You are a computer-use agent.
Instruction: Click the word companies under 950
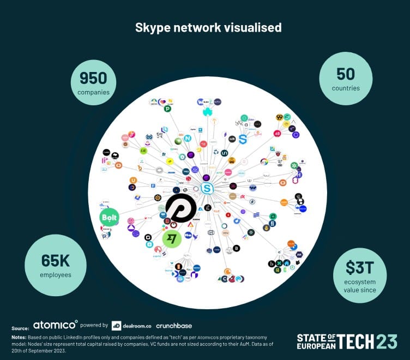(x=93, y=92)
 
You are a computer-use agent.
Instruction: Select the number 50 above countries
(x=345, y=74)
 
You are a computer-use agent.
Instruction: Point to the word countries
(x=345, y=88)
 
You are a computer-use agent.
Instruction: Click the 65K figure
(x=55, y=261)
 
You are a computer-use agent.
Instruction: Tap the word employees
(x=55, y=275)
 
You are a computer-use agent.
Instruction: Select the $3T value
(x=360, y=267)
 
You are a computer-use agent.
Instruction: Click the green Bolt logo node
(x=109, y=218)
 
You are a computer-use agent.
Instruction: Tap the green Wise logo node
(x=172, y=239)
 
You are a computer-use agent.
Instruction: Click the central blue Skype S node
(x=207, y=189)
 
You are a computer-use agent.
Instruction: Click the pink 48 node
(x=278, y=133)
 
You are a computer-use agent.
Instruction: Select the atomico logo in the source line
(x=55, y=325)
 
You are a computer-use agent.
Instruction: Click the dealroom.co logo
(x=131, y=326)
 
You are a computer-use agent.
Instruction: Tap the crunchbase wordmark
(x=174, y=326)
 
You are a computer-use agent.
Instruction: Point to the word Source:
(x=20, y=328)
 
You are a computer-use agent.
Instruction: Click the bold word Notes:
(x=19, y=338)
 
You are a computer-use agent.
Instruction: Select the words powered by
(x=94, y=326)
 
